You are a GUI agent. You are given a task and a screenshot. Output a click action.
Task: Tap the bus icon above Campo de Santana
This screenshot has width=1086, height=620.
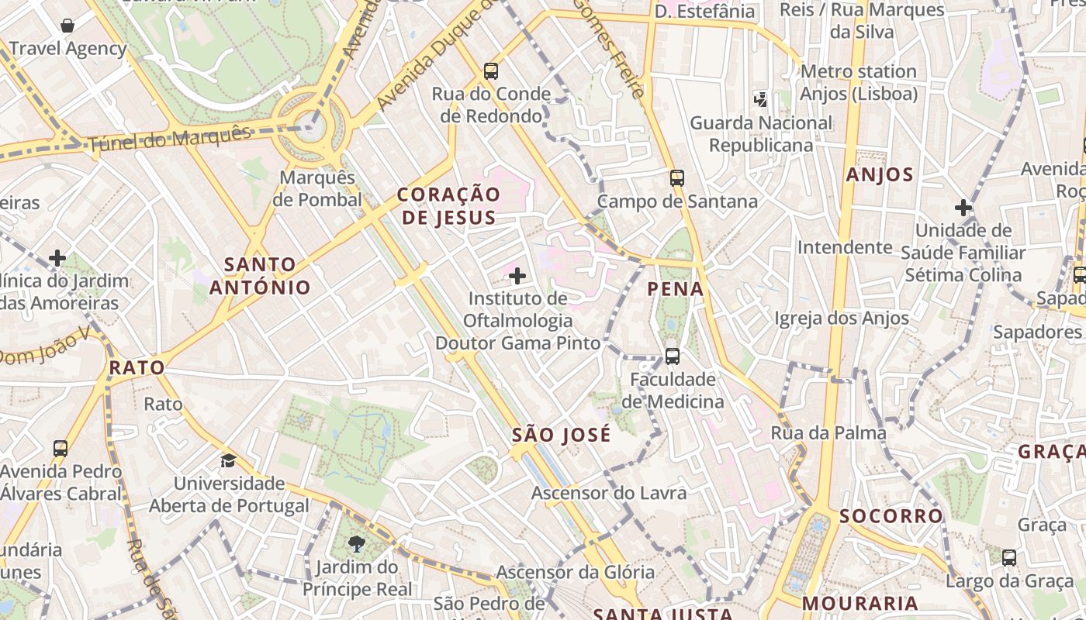(x=677, y=178)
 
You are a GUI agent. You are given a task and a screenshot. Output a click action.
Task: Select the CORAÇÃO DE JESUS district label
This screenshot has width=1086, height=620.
(x=448, y=206)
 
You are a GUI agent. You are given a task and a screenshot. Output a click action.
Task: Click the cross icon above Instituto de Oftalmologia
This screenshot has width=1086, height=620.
(x=517, y=276)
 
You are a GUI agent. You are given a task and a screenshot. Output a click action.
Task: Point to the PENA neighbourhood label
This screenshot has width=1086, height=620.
(x=676, y=290)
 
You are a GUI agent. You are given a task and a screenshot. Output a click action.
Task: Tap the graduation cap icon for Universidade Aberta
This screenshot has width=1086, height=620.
(x=228, y=461)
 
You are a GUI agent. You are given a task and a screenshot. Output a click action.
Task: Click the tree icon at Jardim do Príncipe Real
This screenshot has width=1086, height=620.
(x=357, y=544)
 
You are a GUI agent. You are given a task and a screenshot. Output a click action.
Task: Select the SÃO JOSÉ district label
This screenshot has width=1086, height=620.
(x=562, y=436)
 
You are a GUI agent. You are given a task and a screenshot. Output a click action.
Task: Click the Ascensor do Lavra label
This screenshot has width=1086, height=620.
(x=609, y=493)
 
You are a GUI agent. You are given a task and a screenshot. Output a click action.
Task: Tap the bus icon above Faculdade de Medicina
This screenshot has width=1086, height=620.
(x=673, y=356)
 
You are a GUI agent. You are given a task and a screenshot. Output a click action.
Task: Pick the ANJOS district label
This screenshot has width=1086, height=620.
(x=880, y=174)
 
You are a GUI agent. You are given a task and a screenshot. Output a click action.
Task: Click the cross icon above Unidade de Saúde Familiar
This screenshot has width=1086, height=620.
(x=963, y=208)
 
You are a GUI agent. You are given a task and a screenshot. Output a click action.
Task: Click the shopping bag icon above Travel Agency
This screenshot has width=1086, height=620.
(x=67, y=26)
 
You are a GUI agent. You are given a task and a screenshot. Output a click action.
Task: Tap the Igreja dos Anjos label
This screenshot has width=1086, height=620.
(x=842, y=319)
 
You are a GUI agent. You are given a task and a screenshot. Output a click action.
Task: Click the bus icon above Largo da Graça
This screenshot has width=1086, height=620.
(x=1009, y=557)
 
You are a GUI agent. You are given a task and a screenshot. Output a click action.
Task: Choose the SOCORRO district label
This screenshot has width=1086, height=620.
(x=891, y=516)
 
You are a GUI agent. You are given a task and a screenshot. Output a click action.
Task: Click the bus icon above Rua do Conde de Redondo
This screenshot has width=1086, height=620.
(x=491, y=71)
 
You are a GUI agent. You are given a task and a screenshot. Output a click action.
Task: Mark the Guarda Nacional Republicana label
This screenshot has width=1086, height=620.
(x=761, y=134)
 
